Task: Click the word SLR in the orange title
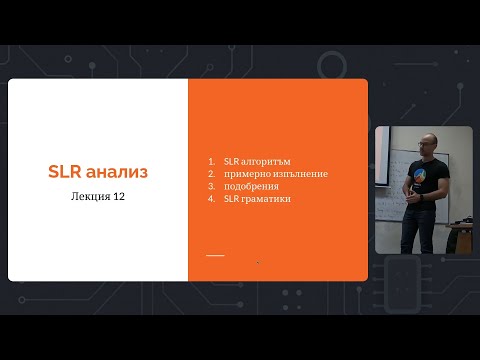pyautogui.click(x=66, y=172)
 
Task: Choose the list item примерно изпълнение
pyautogui.click(x=275, y=174)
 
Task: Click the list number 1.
pyautogui.click(x=212, y=161)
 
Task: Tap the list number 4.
pyautogui.click(x=212, y=199)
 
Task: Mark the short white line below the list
pyautogui.click(x=215, y=255)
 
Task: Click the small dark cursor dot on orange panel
pyautogui.click(x=258, y=262)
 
